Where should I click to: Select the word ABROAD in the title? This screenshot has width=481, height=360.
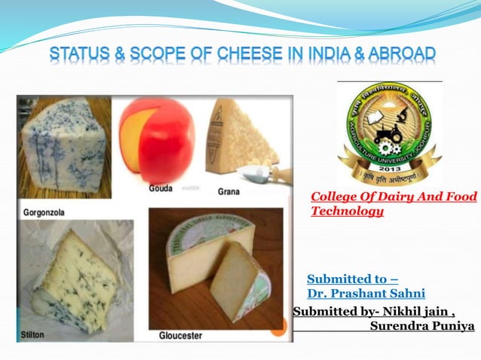tap(403, 54)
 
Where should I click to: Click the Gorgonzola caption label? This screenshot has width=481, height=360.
tap(44, 212)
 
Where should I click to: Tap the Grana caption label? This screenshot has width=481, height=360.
tap(228, 192)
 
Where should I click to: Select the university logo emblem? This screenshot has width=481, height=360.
tap(389, 131)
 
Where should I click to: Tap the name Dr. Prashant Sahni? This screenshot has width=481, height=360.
tap(366, 293)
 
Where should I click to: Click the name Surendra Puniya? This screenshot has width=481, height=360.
tap(421, 326)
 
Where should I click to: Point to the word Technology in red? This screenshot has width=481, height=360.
tap(347, 211)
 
